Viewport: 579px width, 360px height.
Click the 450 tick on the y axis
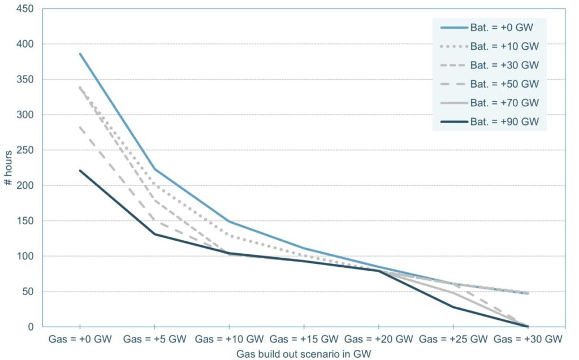[26, 8]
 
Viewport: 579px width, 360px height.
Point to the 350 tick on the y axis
[26, 79]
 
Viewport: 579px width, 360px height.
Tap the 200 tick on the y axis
[26, 185]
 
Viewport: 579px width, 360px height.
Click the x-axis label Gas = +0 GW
[80, 340]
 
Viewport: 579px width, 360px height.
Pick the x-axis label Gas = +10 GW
[229, 340]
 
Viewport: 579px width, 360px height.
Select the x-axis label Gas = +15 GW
[304, 340]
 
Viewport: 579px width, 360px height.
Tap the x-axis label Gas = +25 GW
[453, 340]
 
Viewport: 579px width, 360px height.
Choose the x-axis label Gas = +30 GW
[528, 340]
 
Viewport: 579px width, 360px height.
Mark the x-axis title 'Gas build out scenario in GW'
[304, 353]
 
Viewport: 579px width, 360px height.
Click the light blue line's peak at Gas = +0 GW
[80, 54]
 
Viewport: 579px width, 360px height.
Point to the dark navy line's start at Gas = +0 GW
[80, 170]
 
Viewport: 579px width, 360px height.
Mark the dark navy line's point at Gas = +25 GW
[453, 307]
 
